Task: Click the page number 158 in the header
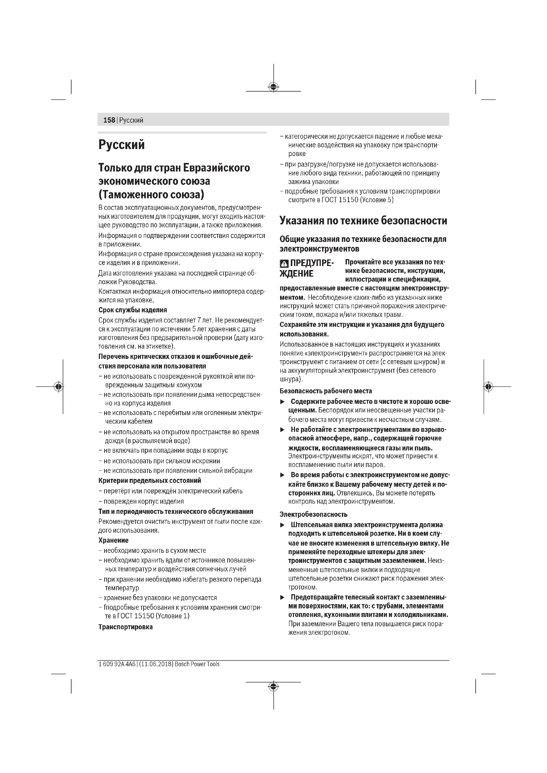109,120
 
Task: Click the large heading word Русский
122,145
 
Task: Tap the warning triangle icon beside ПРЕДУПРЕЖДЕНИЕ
284,264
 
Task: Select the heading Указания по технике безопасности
363,221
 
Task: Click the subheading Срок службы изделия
133,310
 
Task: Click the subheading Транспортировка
126,627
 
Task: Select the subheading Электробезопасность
313,515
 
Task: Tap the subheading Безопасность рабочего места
326,391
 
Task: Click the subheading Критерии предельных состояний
149,481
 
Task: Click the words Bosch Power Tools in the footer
197,664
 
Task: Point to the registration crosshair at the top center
273,87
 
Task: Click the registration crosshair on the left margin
59,387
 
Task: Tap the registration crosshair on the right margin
488,387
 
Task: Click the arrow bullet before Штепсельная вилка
282,525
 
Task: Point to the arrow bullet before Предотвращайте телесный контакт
282,598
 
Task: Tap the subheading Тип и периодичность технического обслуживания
176,512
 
